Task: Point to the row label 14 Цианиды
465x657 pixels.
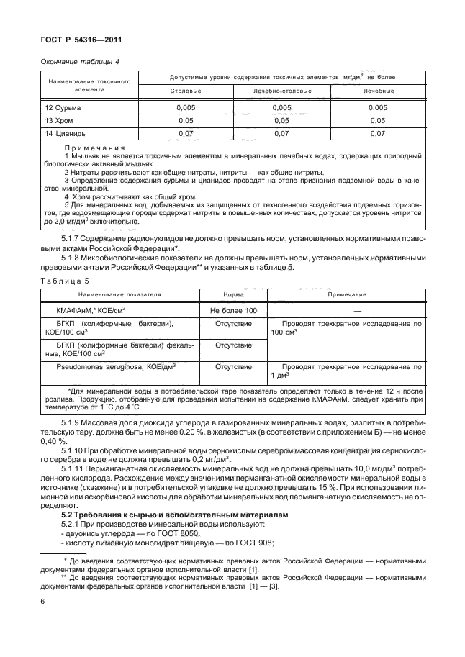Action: pyautogui.click(x=61, y=133)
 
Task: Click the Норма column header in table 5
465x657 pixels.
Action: pyautogui.click(x=233, y=295)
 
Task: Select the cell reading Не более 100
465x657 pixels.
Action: pyautogui.click(x=233, y=309)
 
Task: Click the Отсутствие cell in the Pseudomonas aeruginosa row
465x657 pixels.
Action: pyautogui.click(x=233, y=366)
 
